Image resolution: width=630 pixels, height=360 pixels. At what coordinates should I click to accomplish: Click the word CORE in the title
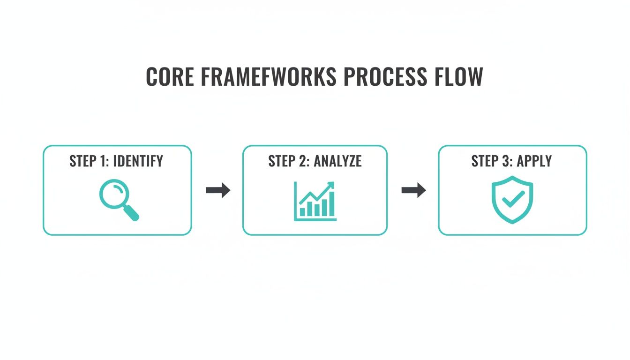pyautogui.click(x=170, y=76)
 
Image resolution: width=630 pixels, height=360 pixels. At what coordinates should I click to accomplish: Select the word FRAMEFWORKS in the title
pyautogui.click(x=269, y=76)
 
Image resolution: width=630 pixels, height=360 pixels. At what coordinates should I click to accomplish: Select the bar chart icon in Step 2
pyautogui.click(x=315, y=202)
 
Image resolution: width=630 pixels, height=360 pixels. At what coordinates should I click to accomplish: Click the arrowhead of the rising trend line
pyautogui.click(x=331, y=185)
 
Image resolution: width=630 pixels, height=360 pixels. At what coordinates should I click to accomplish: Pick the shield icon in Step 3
pyautogui.click(x=512, y=199)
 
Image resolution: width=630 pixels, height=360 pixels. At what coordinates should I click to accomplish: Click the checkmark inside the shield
pyautogui.click(x=512, y=200)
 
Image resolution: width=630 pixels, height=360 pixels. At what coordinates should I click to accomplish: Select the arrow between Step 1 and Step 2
pyautogui.click(x=218, y=190)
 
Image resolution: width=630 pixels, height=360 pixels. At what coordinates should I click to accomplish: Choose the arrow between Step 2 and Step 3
pyautogui.click(x=413, y=190)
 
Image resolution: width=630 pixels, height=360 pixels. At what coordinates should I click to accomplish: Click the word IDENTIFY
pyautogui.click(x=138, y=161)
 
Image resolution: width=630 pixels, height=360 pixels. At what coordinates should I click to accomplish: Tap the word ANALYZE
pyautogui.click(x=337, y=161)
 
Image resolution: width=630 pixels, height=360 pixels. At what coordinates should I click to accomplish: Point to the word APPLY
pyautogui.click(x=534, y=161)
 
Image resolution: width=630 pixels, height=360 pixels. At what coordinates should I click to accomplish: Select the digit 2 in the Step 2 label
pyautogui.click(x=303, y=161)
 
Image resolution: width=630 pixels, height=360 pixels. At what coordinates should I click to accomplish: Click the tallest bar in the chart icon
pyautogui.click(x=331, y=204)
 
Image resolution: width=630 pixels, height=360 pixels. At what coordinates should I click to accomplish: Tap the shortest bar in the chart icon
pyautogui.click(x=302, y=212)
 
